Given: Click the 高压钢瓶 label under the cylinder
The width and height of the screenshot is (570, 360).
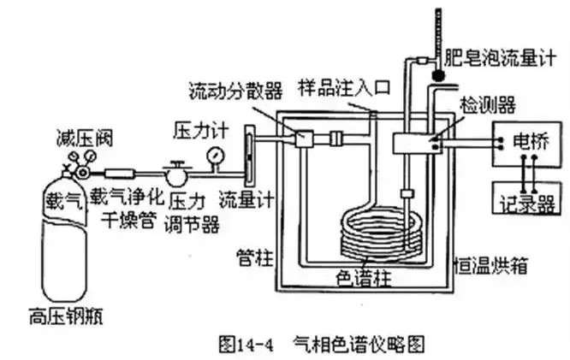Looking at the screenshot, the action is (66, 316).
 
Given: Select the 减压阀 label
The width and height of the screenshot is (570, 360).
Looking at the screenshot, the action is (85, 139).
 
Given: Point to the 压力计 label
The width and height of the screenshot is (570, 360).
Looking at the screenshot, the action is (200, 130).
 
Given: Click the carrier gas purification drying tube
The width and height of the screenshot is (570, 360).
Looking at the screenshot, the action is (120, 174).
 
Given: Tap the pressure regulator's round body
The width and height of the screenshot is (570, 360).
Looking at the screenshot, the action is (175, 175).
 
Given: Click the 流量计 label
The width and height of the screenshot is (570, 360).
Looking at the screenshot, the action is (246, 199).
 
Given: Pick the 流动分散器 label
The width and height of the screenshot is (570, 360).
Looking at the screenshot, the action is (235, 91).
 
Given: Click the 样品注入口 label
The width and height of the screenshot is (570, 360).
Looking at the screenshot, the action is (345, 88).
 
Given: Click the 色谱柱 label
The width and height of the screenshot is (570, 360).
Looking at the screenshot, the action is (364, 280).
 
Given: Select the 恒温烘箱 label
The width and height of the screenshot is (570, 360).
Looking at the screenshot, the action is (490, 266).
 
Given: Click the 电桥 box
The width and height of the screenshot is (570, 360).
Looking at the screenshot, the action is (526, 145).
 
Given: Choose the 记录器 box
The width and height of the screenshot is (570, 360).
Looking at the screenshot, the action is (526, 198).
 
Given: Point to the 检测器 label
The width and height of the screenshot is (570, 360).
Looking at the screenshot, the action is (488, 105).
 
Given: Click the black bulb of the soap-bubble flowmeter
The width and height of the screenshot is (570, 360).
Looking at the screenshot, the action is (438, 75).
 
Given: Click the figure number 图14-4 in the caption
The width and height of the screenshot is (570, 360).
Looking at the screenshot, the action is (246, 344).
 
